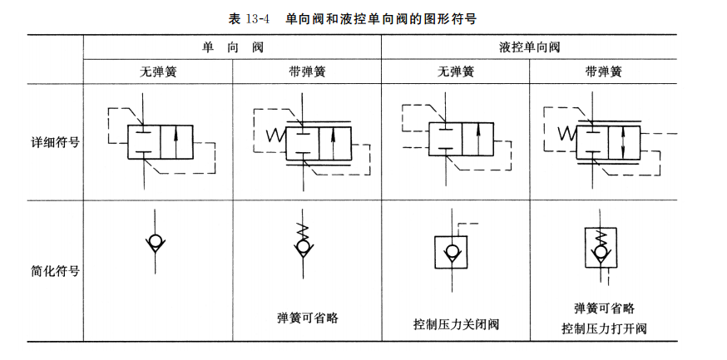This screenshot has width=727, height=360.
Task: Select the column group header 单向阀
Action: pos(231,47)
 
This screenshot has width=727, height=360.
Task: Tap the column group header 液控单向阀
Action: pos(530,47)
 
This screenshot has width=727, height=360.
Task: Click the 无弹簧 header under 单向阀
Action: pos(157,72)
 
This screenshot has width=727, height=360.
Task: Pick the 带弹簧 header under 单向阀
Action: pos(306,72)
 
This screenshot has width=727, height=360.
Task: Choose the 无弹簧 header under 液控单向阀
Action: pos(456,72)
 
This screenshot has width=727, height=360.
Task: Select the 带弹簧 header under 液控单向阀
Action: pos(604,72)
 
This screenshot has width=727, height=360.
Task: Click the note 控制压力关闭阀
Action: pos(455,323)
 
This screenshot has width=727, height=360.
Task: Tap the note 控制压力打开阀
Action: pos(604,328)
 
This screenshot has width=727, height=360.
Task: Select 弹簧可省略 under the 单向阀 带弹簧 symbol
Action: pos(307,317)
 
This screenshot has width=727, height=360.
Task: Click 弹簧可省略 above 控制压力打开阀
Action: pos(604,306)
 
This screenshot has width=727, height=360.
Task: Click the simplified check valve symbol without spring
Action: pos(156,243)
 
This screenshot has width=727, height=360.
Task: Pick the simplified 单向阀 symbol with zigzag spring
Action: pos(304,242)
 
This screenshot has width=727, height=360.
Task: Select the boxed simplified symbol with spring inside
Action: pos(601,248)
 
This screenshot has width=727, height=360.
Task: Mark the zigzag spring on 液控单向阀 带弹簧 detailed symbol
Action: pos(567,133)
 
